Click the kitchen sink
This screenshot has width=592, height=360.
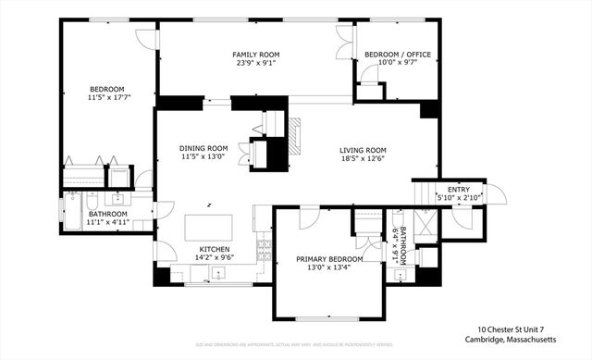point(218,272)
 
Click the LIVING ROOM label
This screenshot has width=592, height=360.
point(362,150)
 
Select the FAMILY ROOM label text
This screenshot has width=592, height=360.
point(255,55)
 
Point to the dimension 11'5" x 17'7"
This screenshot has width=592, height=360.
point(107,97)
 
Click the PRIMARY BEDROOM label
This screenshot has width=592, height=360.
point(326,260)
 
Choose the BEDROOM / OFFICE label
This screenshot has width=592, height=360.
point(391,55)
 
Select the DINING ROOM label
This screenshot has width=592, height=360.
point(203,148)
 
